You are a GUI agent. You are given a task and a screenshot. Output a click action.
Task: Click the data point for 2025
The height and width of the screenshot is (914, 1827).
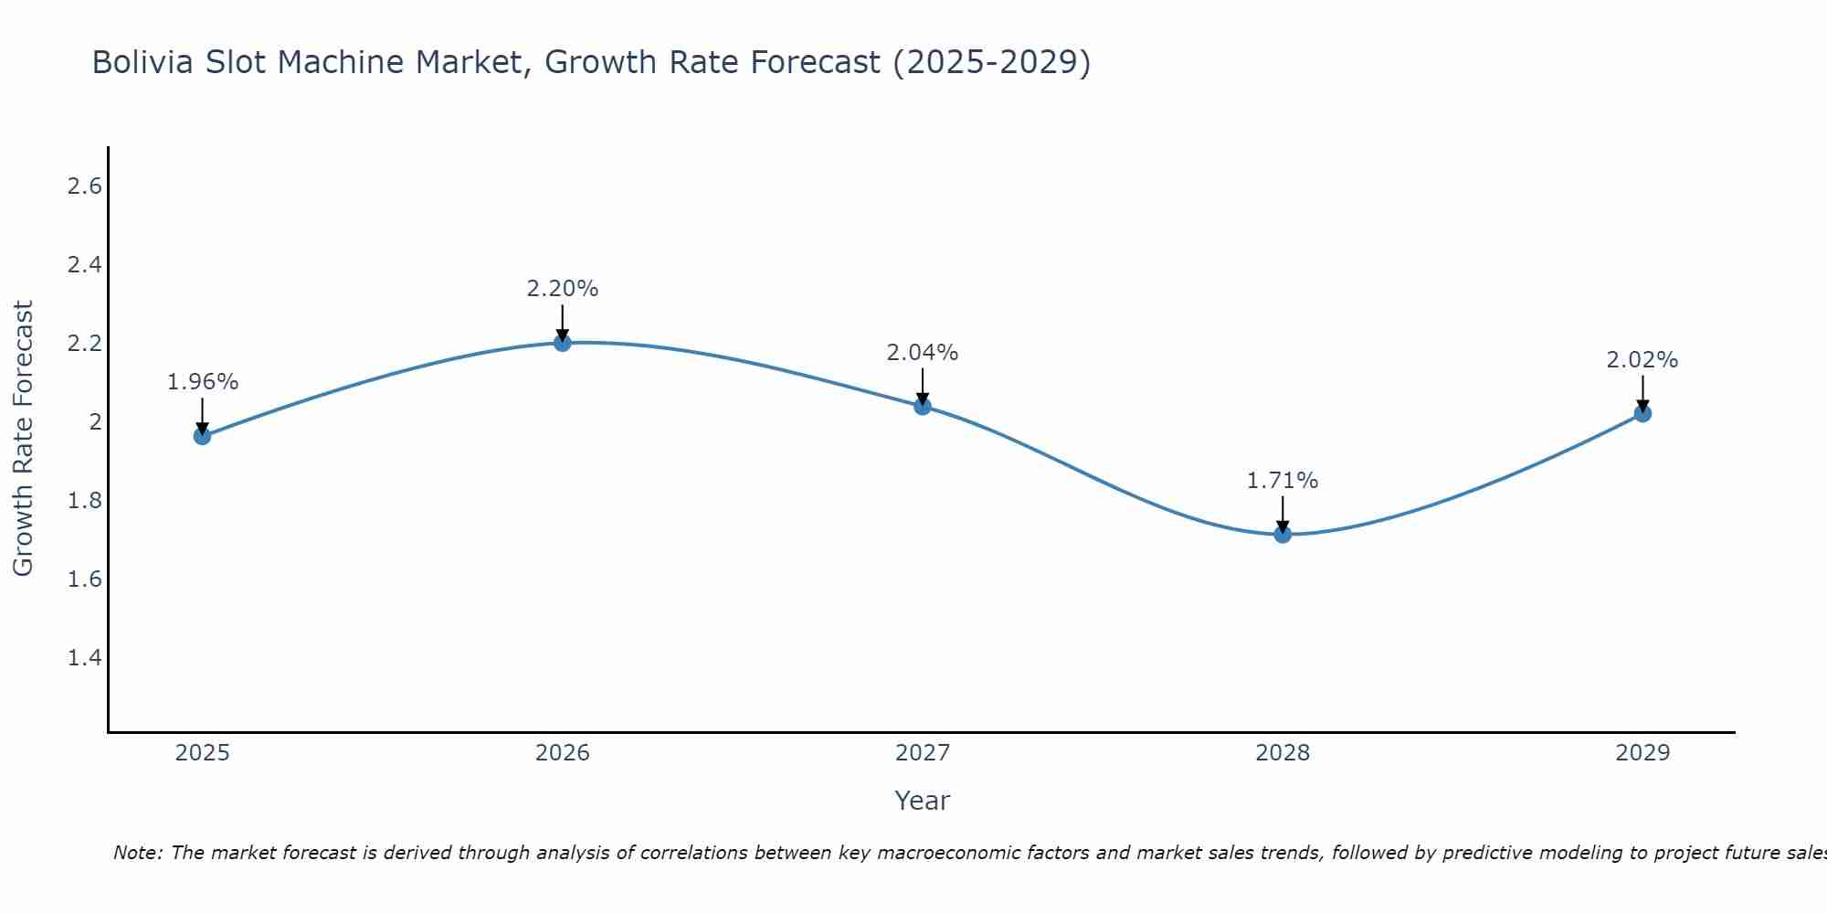pos(202,436)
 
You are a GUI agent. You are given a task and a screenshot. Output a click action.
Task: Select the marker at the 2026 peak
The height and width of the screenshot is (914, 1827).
pos(563,342)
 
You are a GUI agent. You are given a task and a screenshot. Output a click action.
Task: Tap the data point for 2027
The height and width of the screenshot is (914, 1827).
pos(923,406)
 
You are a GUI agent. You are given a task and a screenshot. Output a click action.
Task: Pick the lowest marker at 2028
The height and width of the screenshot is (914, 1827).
pos(1283,534)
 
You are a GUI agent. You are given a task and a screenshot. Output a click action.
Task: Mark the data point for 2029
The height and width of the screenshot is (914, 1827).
pos(1642,413)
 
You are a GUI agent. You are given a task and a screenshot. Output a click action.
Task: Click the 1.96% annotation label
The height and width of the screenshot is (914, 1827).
pos(202,382)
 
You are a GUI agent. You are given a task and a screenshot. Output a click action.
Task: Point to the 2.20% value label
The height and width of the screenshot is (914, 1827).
pos(563,289)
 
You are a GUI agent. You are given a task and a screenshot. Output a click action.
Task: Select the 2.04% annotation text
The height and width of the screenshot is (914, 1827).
pos(923,353)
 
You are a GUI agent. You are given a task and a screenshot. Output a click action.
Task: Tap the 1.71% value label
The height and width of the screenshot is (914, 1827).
pos(1283,481)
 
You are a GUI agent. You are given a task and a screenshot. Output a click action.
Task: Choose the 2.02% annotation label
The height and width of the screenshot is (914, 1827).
pos(1642,360)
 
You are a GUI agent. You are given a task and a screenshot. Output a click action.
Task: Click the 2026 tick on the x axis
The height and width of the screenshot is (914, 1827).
pos(563,753)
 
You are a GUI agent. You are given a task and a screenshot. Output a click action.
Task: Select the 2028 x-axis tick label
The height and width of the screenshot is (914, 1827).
pos(1283,753)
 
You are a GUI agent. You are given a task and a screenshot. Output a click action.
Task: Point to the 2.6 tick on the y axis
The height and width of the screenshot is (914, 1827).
pos(84,186)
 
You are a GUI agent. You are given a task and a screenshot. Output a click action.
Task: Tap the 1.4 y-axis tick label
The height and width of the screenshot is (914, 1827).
pos(84,658)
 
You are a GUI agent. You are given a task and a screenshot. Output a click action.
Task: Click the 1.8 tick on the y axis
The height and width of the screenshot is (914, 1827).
pos(84,501)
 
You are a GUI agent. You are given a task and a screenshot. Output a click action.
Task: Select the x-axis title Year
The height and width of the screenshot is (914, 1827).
pos(923,801)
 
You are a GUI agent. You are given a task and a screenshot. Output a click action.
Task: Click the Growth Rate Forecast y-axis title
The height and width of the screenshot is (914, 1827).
pos(23,439)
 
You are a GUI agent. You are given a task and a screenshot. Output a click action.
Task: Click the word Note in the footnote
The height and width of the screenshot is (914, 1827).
pos(137,853)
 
